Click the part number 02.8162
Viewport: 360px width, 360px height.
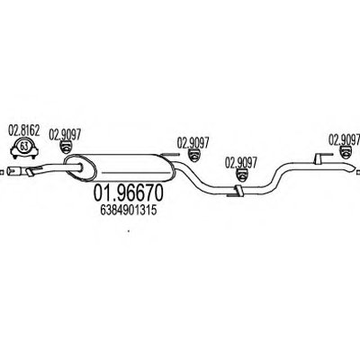(23, 130)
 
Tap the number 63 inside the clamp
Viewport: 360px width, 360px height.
(24, 147)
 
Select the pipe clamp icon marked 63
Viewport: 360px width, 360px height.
(24, 148)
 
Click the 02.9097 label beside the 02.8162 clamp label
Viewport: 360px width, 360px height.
(65, 135)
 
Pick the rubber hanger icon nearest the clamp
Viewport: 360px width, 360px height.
(67, 148)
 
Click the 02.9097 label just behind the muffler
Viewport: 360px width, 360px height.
(193, 142)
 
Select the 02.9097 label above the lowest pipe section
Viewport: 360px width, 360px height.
(241, 163)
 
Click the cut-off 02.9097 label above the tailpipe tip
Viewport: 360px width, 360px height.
(345, 139)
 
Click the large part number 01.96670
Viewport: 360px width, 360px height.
(129, 193)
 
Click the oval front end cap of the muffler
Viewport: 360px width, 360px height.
(81, 168)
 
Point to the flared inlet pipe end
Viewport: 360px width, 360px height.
(13, 171)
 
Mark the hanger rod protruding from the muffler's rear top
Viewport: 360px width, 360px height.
(169, 156)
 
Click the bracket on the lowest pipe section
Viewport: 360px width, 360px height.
(236, 192)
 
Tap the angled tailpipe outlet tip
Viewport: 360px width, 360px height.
(349, 168)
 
